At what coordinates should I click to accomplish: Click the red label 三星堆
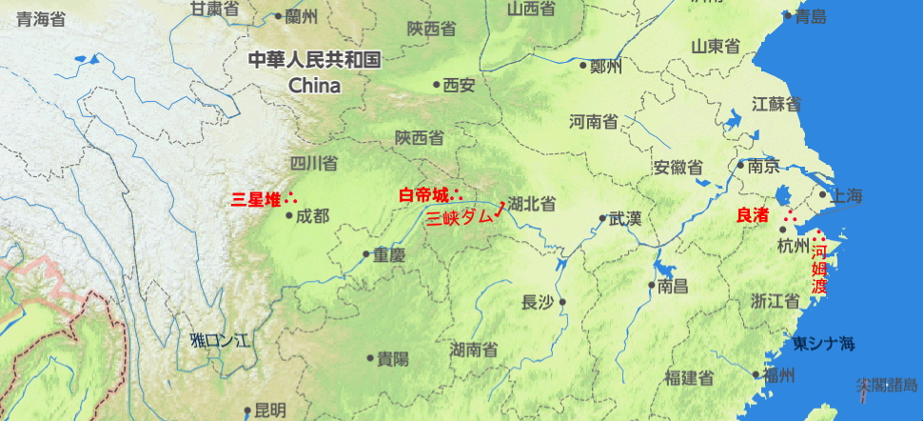point(256,200)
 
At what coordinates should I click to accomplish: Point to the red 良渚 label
point(753,216)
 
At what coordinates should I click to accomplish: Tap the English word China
point(314,86)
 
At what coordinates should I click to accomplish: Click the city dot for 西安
point(437,85)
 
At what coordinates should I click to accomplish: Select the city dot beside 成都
point(289,215)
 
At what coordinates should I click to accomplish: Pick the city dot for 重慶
point(366,254)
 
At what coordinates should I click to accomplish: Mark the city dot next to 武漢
point(602,218)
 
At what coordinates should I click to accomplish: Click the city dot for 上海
point(824,195)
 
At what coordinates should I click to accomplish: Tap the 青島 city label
point(811,16)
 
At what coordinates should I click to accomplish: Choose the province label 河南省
point(594,122)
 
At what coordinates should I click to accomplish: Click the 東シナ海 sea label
point(824,343)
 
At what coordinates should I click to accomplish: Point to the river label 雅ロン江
point(219,340)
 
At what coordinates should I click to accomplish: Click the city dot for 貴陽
point(370,358)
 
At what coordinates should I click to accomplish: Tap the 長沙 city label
point(538,302)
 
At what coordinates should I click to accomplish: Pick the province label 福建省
point(690,378)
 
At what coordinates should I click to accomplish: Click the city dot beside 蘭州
point(278,15)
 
